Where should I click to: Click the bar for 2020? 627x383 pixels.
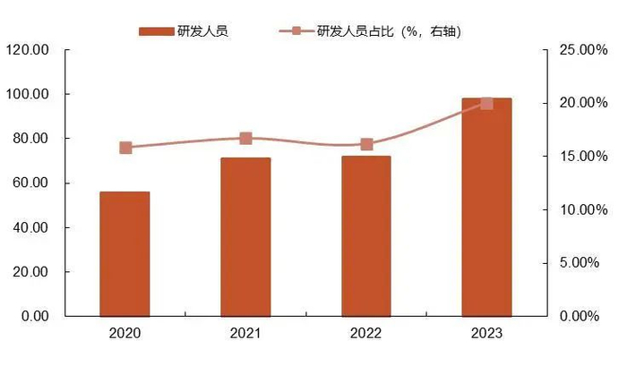click(x=125, y=254)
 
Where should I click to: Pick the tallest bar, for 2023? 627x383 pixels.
click(x=486, y=207)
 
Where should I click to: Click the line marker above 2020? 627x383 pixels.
click(x=125, y=148)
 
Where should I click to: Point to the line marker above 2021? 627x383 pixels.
click(x=245, y=139)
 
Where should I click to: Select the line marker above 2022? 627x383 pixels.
click(x=366, y=144)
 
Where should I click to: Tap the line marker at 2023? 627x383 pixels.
click(x=486, y=103)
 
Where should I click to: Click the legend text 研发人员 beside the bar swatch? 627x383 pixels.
click(x=202, y=31)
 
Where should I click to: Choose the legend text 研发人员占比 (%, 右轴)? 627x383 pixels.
click(x=389, y=31)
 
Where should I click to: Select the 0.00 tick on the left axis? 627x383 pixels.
click(x=34, y=316)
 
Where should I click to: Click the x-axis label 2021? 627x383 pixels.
click(x=245, y=334)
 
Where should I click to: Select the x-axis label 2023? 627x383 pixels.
click(x=486, y=334)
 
